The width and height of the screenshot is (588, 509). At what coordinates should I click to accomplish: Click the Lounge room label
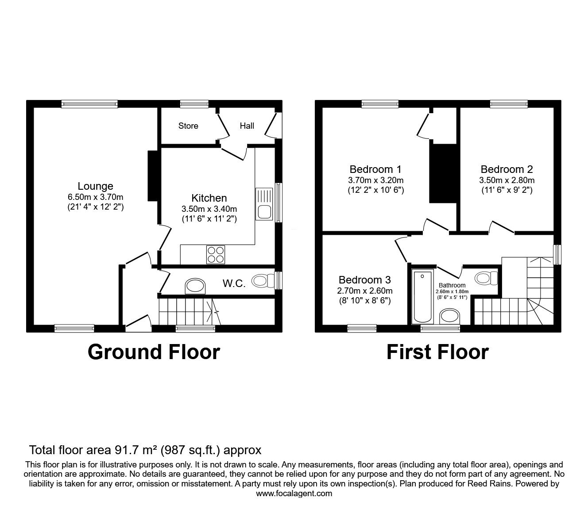95,186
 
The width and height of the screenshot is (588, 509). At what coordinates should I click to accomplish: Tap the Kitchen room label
209,198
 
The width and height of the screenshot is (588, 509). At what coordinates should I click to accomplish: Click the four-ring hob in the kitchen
215,255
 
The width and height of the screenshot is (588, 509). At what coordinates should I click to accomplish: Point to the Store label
188,126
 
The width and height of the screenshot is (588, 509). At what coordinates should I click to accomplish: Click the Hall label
247,126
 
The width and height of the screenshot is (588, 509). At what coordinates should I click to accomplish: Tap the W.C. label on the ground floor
234,283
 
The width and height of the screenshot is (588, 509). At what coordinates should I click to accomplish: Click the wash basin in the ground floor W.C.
196,286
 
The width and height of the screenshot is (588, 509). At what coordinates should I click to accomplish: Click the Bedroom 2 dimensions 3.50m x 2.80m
507,180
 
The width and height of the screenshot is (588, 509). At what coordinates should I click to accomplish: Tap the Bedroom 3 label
364,280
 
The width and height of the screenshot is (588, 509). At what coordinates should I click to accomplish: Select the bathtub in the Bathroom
422,296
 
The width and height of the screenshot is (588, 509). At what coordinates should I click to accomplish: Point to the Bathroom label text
452,285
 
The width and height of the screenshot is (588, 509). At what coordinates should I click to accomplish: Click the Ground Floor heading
154,352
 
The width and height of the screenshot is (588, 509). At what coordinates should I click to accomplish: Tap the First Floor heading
437,352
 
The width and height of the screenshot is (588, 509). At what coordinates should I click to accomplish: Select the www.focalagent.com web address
294,494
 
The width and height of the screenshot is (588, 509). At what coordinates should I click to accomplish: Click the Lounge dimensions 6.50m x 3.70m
95,197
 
